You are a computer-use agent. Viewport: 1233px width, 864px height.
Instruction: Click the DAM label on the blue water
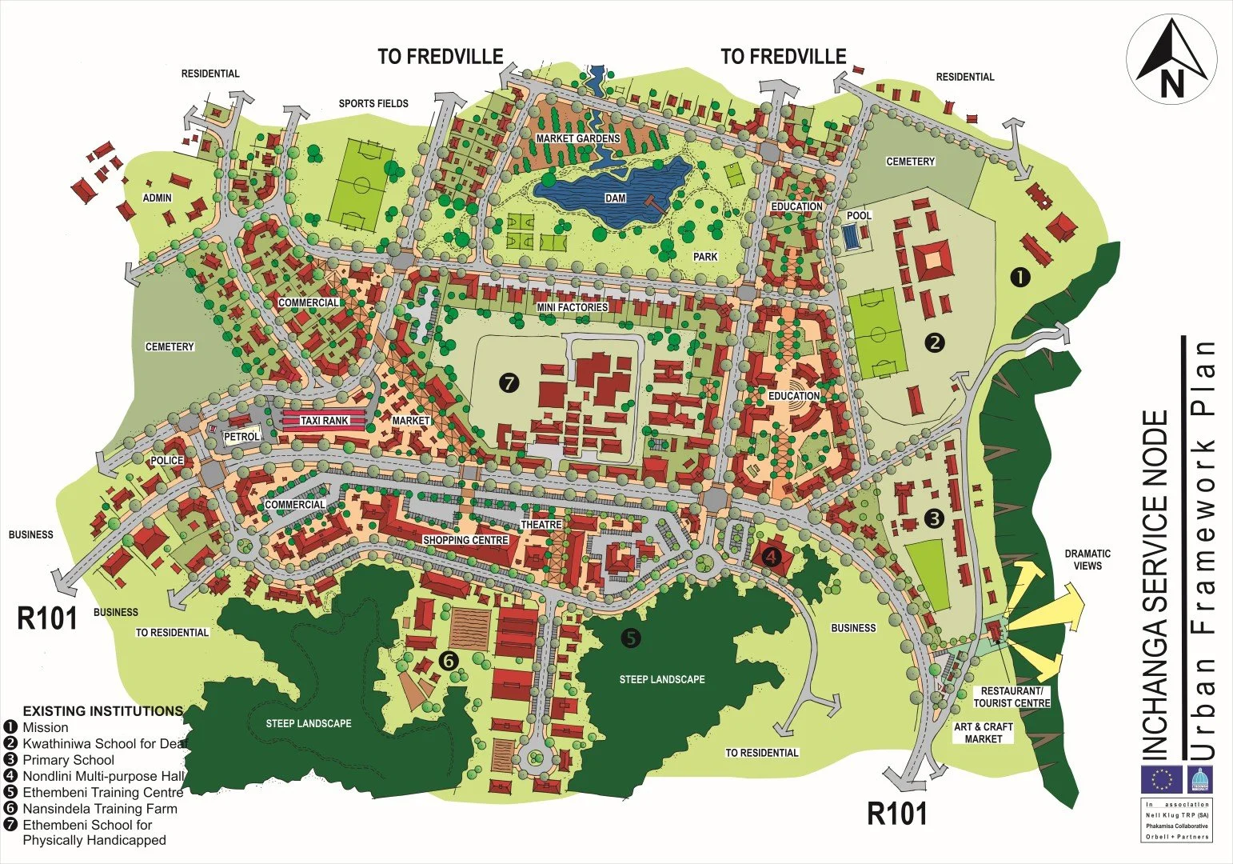(616, 198)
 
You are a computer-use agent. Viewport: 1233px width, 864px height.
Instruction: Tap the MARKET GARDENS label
(577, 138)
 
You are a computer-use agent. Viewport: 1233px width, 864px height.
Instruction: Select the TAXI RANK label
(325, 421)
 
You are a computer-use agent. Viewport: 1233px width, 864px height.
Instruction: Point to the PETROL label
(241, 437)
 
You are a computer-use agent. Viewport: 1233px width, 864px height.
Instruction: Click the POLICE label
(167, 461)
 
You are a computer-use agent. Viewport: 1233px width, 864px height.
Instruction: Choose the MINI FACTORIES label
(572, 307)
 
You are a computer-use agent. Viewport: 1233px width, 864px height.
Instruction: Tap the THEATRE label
(541, 525)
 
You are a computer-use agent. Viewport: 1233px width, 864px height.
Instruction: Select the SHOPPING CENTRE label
(465, 540)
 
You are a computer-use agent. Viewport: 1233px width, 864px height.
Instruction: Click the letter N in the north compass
(1172, 83)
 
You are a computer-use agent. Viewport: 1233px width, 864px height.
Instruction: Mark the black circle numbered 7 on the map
(509, 383)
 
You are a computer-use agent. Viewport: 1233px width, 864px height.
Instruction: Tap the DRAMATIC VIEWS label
(1087, 559)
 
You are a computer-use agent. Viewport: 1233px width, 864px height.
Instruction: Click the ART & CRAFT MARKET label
(983, 733)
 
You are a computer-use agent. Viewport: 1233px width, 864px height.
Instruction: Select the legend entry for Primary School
(68, 760)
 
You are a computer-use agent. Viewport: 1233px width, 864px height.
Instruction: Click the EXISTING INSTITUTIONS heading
(102, 710)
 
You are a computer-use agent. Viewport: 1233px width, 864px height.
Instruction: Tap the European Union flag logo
(1163, 779)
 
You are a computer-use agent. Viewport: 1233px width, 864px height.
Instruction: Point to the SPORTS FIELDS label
(373, 103)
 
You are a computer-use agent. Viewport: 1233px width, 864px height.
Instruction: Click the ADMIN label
(158, 198)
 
